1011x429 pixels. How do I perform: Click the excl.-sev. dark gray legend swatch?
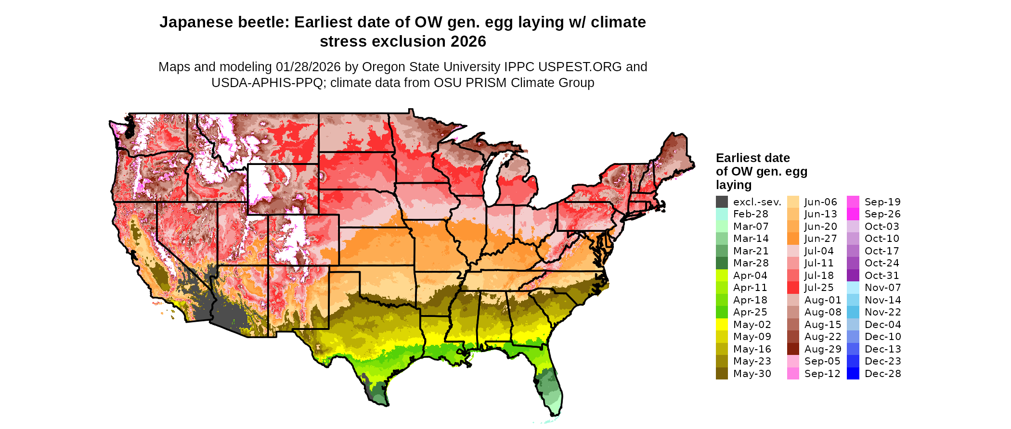click(x=722, y=202)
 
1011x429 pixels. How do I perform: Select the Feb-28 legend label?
click(x=751, y=214)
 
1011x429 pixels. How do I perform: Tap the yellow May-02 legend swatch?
click(x=722, y=325)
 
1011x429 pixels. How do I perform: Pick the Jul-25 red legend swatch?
click(x=793, y=288)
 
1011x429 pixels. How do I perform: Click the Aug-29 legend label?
click(x=823, y=349)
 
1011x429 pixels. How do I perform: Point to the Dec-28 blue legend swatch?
click(x=853, y=374)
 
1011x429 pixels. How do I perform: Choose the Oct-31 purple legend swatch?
click(x=853, y=276)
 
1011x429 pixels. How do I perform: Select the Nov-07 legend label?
click(x=882, y=288)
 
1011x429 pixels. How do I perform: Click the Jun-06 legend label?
click(x=821, y=202)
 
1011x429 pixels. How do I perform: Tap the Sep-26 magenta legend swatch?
click(x=853, y=214)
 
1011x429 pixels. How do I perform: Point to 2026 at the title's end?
click(x=468, y=41)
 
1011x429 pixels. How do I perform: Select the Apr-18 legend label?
click(x=750, y=300)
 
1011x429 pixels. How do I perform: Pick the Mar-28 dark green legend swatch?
click(x=722, y=263)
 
